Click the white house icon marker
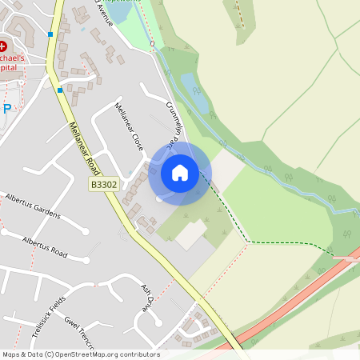pos(180,172)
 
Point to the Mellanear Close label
pos(129,127)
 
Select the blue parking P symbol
pos(7,108)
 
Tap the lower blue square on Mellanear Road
pos(60,90)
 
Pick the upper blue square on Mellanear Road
pos(50,34)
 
